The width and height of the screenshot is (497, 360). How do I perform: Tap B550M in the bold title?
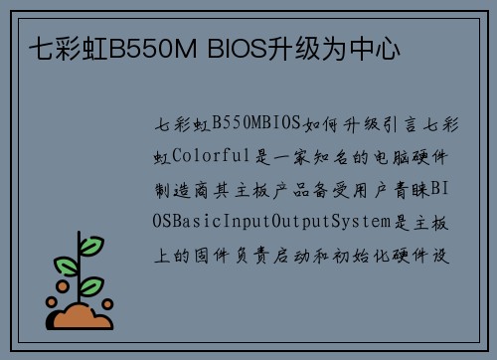tap(152, 46)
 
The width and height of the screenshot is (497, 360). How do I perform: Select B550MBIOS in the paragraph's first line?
tap(257, 124)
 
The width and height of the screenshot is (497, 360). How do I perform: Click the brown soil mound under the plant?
tap(83, 317)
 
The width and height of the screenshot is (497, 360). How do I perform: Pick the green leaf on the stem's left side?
tap(66, 266)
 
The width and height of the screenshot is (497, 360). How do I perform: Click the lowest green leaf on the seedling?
tap(92, 287)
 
